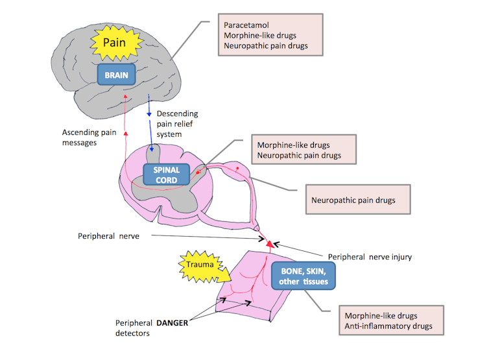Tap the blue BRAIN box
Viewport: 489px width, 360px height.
point(119,76)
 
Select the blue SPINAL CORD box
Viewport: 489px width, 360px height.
point(165,174)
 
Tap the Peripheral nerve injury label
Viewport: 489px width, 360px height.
point(370,257)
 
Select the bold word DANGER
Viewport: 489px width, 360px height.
point(175,322)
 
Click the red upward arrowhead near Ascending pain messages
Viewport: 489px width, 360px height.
point(125,132)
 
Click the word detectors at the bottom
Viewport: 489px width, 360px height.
point(134,333)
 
